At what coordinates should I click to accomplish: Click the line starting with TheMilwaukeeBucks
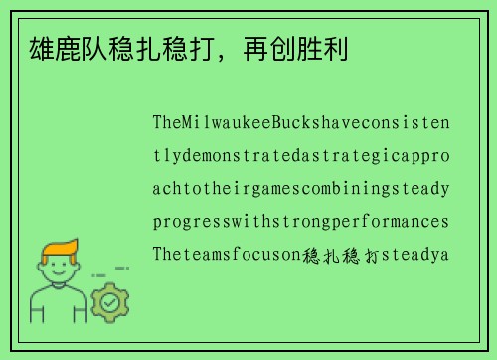(300, 123)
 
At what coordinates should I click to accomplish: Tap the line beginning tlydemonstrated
(300, 156)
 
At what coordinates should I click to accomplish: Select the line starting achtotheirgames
(300, 189)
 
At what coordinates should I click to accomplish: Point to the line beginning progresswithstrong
(300, 221)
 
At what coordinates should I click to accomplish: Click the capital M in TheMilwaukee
(189, 123)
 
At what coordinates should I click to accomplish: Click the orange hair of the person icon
(60, 249)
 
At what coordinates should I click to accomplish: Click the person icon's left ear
(38, 270)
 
